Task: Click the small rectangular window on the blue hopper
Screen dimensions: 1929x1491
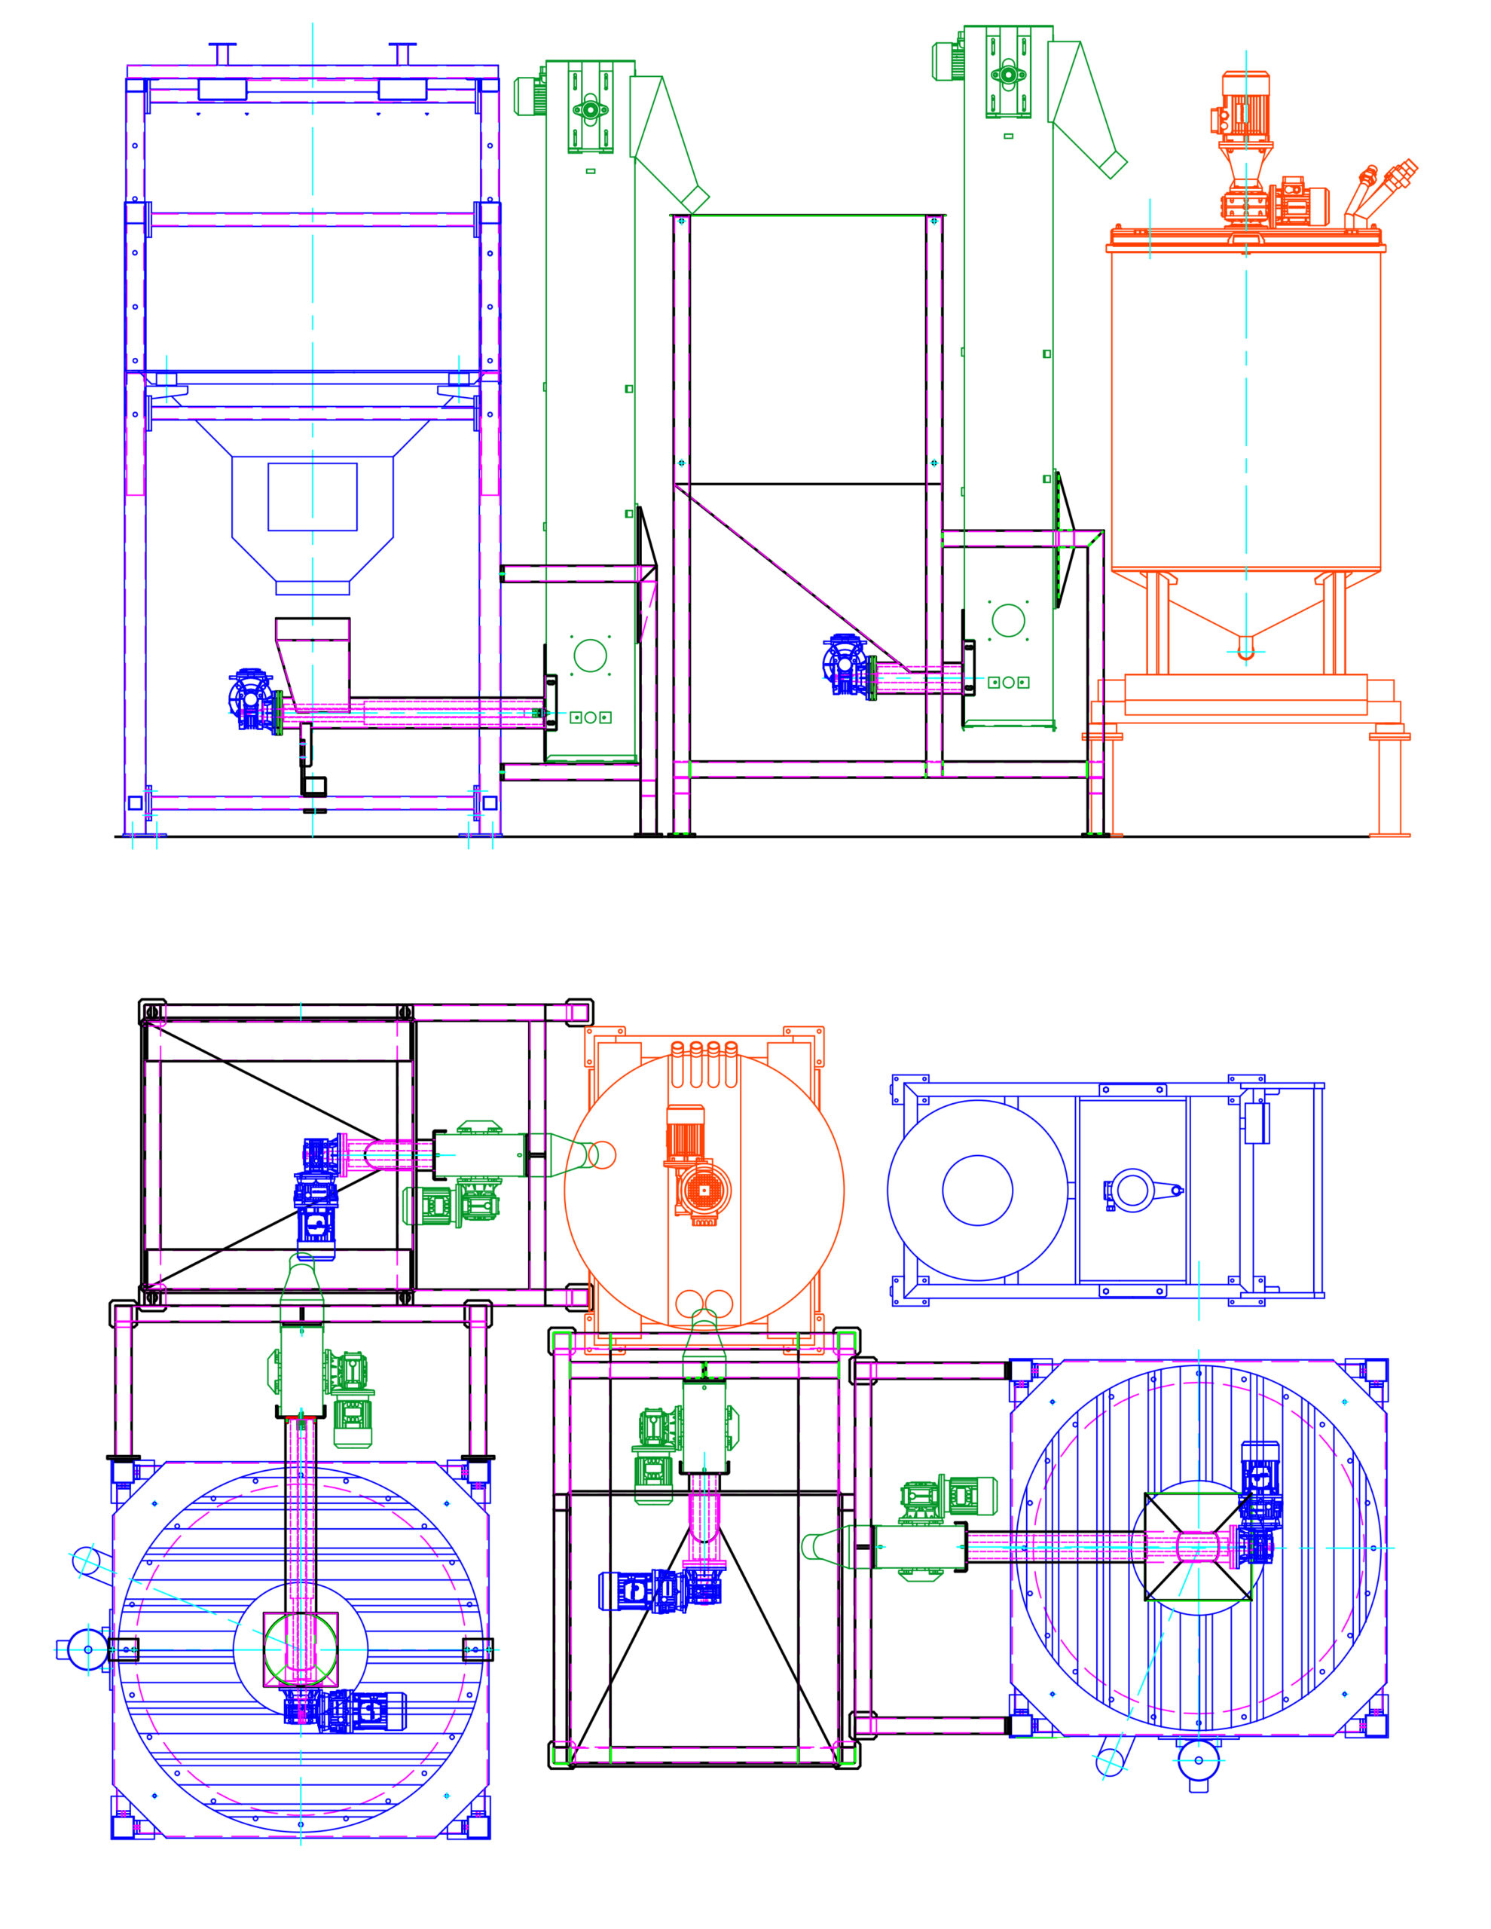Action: point(312,497)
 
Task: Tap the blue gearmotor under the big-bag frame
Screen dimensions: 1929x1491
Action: point(252,699)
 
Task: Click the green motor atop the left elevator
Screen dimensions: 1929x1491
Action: point(530,96)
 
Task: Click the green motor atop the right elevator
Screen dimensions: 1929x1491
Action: point(949,60)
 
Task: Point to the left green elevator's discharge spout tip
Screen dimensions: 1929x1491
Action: point(697,201)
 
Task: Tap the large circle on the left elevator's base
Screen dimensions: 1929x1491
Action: point(590,656)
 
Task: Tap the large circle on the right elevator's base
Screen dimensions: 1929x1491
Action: point(1008,620)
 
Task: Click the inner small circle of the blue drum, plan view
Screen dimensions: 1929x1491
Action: point(977,1190)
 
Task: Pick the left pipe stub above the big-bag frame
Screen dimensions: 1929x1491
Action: point(222,53)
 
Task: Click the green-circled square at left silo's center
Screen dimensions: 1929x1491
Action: point(301,1648)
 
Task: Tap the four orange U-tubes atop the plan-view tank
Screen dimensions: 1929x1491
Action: point(704,1062)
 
